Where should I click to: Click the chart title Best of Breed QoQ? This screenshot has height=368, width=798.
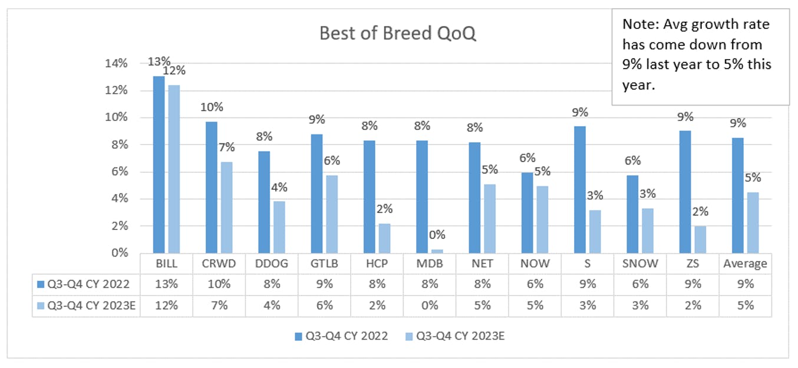click(x=398, y=34)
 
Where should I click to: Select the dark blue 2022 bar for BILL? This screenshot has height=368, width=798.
click(x=159, y=165)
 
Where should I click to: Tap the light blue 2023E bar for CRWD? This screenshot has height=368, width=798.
click(x=226, y=208)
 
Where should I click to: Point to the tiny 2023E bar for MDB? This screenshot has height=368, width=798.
click(x=437, y=251)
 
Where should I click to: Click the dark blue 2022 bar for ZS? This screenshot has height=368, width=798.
click(x=685, y=192)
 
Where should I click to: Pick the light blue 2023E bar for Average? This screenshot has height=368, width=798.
click(x=753, y=223)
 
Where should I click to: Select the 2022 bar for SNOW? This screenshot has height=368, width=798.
click(x=632, y=214)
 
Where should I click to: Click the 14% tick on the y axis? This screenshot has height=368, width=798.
click(x=116, y=64)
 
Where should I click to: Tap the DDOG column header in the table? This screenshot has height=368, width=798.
click(x=272, y=264)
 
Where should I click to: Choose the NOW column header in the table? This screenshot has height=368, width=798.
click(x=535, y=264)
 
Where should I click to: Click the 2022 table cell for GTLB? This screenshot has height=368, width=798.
click(x=324, y=284)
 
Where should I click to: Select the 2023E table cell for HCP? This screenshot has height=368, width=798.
click(x=377, y=305)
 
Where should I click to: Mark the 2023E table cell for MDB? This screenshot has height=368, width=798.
click(x=430, y=305)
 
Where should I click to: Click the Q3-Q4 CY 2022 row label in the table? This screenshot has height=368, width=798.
click(x=84, y=284)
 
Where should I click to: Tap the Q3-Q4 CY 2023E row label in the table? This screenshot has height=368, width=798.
click(x=87, y=305)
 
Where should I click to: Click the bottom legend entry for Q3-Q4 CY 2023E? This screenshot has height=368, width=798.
click(x=456, y=336)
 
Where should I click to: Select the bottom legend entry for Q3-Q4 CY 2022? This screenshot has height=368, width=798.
click(x=341, y=336)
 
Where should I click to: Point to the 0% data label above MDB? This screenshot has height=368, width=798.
click(x=437, y=235)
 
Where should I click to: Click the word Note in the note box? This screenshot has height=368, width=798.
click(x=639, y=24)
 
